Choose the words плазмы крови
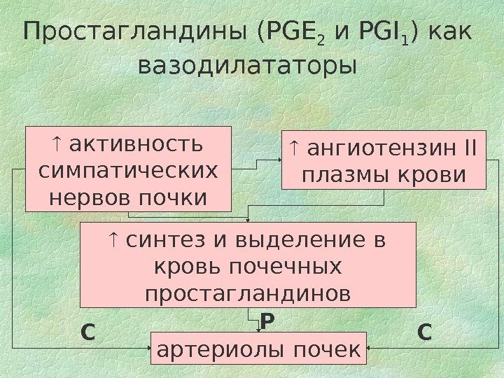[383, 174]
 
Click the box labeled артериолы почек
[258, 347]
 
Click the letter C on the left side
[87, 331]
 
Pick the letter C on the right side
[425, 331]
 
